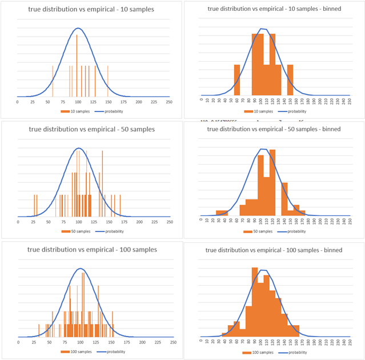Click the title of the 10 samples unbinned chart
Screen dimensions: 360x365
[91, 9]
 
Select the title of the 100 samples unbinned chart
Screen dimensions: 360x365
[93, 249]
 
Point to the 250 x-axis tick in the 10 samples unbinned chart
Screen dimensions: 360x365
[169, 102]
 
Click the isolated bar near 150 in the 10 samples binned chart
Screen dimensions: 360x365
[290, 79]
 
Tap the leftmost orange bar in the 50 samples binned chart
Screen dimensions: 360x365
[222, 213]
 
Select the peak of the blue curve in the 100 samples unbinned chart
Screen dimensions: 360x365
[81, 269]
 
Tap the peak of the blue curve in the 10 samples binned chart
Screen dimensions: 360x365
[262, 29]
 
